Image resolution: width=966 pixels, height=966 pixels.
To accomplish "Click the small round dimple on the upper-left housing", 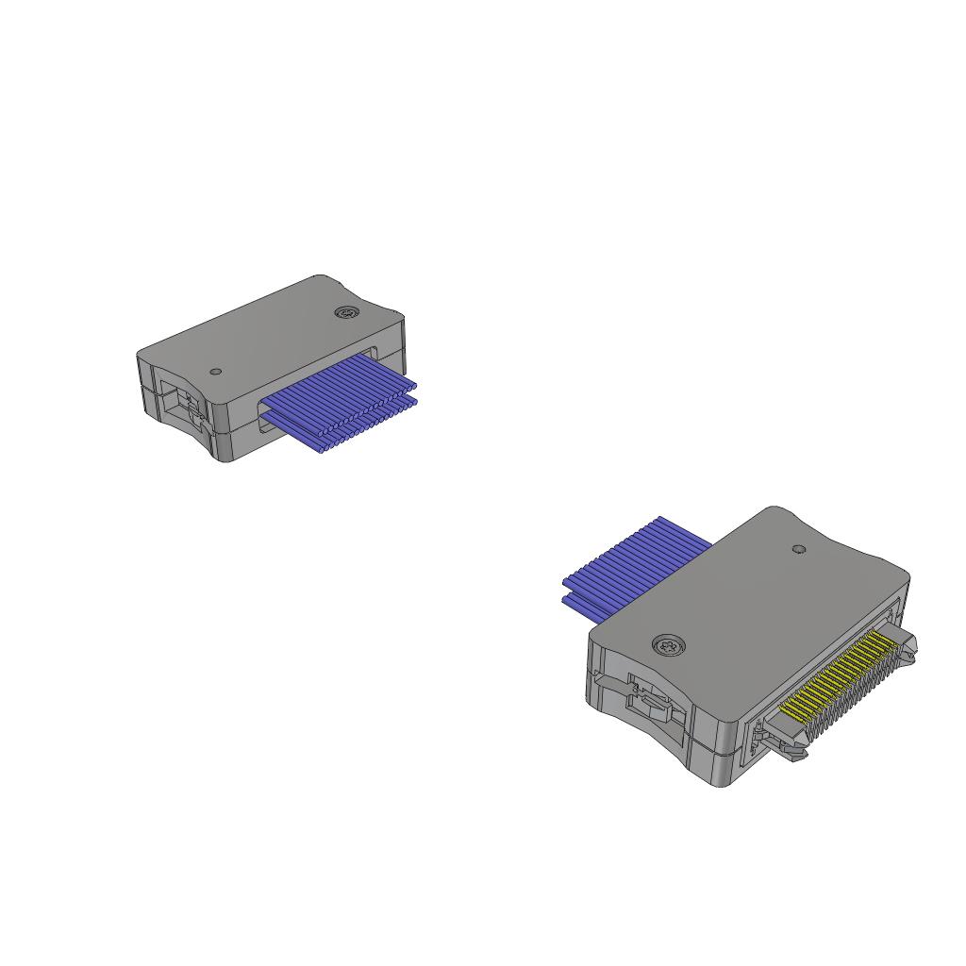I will (216, 372).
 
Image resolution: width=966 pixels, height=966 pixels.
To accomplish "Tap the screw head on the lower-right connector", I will (669, 646).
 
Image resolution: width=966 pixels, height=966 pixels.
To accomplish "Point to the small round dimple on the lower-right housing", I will (799, 548).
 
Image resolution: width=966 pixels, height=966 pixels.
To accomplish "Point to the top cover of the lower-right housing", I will (755, 604).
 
